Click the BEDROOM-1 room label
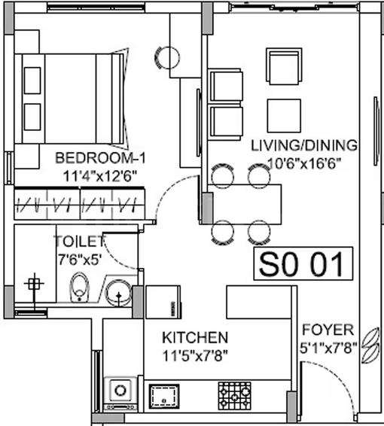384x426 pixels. click(x=100, y=158)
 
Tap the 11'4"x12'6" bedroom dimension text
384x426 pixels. click(x=99, y=176)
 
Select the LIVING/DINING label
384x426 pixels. click(x=304, y=145)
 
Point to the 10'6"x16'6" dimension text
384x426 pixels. click(x=304, y=163)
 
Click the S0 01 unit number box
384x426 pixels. click(x=303, y=263)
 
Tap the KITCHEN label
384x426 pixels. click(x=195, y=337)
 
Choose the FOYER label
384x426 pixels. click(x=328, y=330)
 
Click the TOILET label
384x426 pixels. click(x=80, y=242)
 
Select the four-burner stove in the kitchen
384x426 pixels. click(x=234, y=396)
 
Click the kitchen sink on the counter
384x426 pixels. click(x=164, y=396)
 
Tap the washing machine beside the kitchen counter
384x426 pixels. click(x=120, y=394)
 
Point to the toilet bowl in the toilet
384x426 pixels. click(x=79, y=288)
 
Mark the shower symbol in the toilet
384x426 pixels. click(x=34, y=285)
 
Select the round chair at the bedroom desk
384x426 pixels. click(x=167, y=58)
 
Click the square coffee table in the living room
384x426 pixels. click(x=284, y=115)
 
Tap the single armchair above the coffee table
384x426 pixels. click(x=284, y=66)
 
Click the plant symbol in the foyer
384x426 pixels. click(x=370, y=345)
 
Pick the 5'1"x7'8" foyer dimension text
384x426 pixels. click(x=328, y=348)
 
